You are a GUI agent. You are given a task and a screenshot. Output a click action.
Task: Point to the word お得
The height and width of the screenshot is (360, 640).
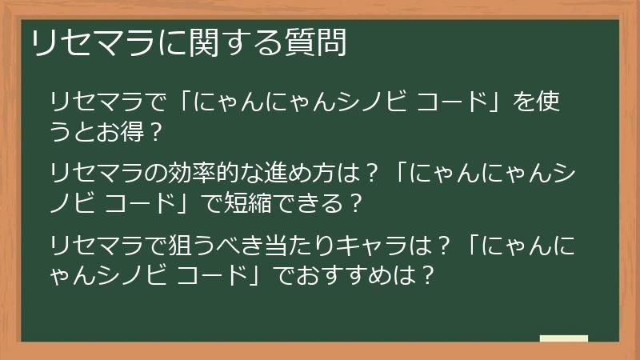coord(122,130)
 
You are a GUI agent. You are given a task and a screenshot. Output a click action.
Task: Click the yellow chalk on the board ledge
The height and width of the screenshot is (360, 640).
coord(564,338)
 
